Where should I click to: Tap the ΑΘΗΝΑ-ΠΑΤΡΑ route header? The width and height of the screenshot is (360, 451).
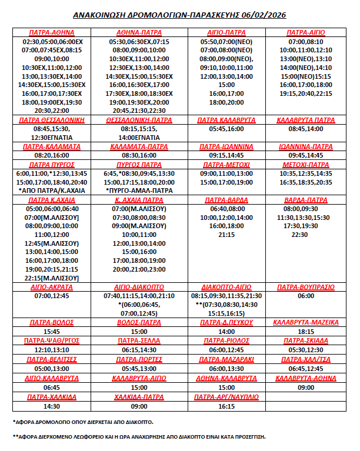[x=139, y=33]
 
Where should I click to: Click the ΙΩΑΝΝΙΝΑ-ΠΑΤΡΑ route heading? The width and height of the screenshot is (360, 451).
[x=306, y=146]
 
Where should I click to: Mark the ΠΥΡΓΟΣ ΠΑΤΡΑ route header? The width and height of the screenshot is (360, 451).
[x=139, y=165]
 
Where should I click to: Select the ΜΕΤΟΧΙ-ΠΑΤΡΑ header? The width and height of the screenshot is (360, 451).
[x=306, y=165]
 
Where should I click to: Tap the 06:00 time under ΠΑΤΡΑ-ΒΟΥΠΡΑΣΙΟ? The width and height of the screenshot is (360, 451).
[x=306, y=296]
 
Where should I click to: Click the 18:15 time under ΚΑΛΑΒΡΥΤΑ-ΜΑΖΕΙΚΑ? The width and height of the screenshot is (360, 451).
[x=306, y=332]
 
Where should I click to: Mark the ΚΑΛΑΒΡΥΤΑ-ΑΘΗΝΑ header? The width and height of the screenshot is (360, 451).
[x=306, y=378]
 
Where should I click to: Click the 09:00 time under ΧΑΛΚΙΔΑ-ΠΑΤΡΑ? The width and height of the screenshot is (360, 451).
[x=139, y=406]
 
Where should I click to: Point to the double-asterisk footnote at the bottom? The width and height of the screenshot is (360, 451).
[x=139, y=437]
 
